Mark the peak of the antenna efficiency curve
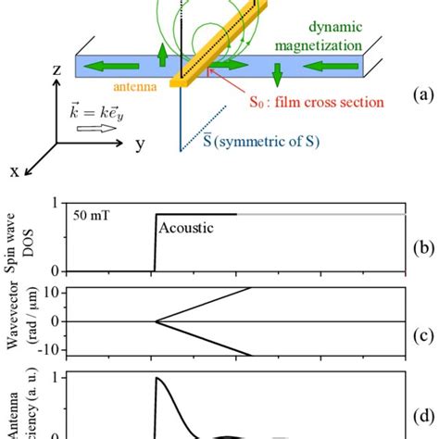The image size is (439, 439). tap(159, 379)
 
